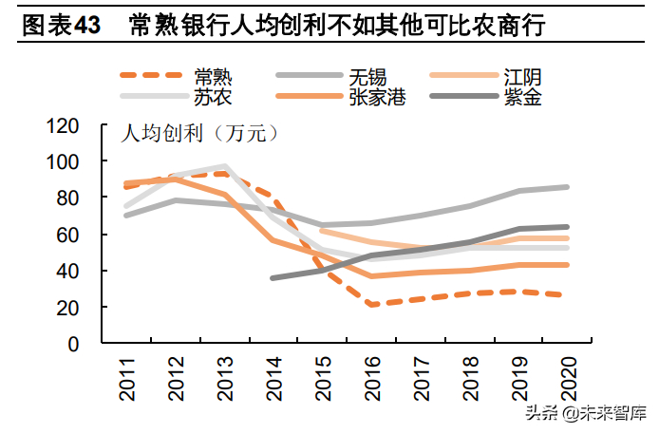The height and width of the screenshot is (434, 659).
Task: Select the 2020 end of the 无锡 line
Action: (x=567, y=187)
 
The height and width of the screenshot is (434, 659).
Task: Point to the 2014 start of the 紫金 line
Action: (x=273, y=278)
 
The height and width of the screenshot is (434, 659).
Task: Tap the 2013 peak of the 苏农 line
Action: (x=225, y=166)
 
